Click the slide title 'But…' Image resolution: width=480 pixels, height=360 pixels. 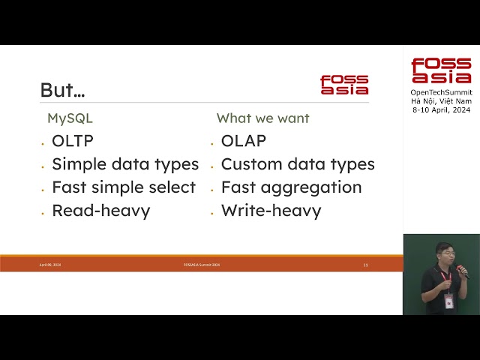pos(62,90)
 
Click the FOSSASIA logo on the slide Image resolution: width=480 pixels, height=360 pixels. pos(344,84)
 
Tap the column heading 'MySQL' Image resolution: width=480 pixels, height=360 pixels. pos(70,118)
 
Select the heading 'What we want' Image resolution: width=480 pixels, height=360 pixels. pos(262,118)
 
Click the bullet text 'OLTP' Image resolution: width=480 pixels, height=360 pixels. pos(73,141)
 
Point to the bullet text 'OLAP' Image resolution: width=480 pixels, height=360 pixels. pos(244,141)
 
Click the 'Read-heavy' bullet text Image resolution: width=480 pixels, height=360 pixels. pos(100,211)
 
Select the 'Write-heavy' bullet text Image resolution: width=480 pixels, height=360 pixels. pos(271,211)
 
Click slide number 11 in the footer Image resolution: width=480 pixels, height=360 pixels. pos(365,265)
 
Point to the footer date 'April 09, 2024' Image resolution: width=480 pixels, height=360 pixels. pos(50,265)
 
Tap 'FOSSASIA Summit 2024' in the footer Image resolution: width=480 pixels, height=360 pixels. pos(201,265)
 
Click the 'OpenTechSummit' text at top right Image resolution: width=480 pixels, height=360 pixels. pos(441,92)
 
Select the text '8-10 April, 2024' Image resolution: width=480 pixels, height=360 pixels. pos(441,109)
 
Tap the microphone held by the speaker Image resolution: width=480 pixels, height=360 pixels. pos(461,270)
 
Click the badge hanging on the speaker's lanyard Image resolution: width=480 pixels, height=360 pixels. pos(448,301)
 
